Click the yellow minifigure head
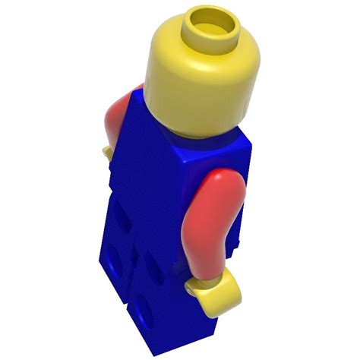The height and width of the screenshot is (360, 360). click(199, 76)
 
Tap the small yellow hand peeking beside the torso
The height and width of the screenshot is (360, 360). click(109, 152)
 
